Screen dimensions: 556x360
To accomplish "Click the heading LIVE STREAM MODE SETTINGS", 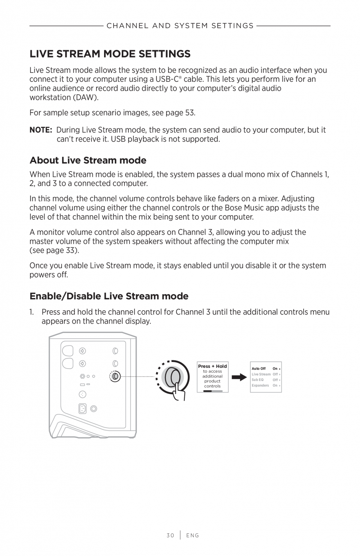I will [110, 54].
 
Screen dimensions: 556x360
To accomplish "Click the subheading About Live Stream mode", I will [88, 160].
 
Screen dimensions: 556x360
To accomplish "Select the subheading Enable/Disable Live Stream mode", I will [109, 296].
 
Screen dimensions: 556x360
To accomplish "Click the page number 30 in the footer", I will [170, 535].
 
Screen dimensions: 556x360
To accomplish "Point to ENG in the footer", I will [193, 535].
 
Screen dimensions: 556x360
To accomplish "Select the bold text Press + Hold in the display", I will [212, 366].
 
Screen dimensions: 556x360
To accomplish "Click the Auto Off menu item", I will [258, 369].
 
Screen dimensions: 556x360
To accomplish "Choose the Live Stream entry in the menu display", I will [261, 374].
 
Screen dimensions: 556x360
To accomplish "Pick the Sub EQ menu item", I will [257, 380].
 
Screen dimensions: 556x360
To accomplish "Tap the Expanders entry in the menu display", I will [260, 385].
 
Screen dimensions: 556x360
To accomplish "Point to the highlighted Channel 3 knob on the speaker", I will [115, 376].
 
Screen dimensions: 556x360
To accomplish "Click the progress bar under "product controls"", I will [212, 390].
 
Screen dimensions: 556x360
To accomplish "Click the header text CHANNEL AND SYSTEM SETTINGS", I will [180, 26].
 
